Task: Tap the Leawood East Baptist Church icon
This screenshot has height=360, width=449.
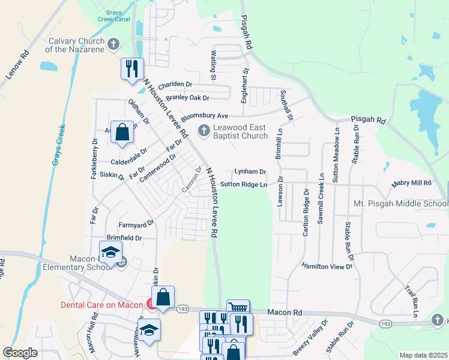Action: tap(204, 130)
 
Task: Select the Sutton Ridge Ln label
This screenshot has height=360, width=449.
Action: tap(243, 185)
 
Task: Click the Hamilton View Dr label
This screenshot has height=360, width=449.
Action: tap(327, 266)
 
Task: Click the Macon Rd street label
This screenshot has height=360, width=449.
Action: tap(285, 313)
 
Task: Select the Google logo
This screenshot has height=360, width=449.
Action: tap(19, 353)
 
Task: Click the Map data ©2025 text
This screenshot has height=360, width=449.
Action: tap(423, 355)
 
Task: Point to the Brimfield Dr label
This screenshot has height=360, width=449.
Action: tap(124, 238)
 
